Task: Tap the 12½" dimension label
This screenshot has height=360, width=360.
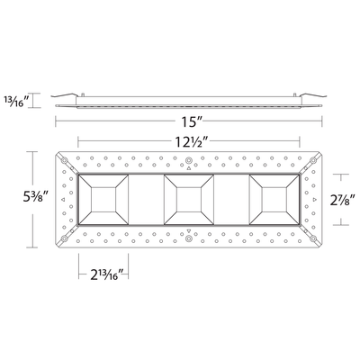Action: [x=188, y=140]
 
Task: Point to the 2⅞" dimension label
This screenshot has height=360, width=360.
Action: [x=340, y=200]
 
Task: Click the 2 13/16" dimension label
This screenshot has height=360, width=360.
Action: [x=104, y=274]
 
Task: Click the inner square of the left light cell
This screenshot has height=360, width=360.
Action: [x=103, y=200]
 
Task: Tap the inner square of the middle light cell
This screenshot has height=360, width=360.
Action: [x=189, y=200]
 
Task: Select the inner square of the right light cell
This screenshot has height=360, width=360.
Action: [x=274, y=200]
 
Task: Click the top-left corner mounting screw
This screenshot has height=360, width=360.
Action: [x=64, y=160]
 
